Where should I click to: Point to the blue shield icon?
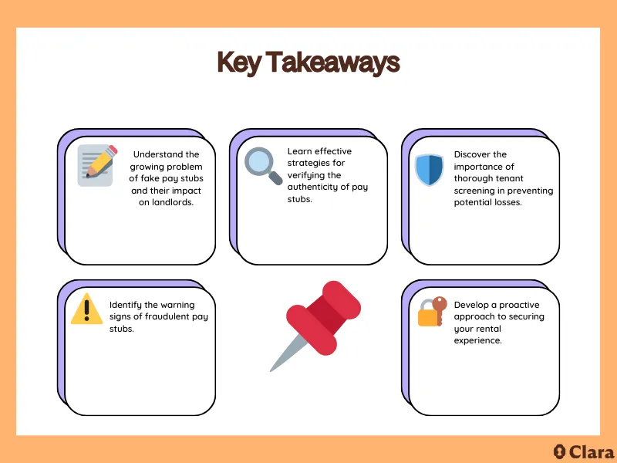[x=429, y=170]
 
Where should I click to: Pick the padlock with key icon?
[x=431, y=310]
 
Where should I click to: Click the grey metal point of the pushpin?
[x=283, y=356]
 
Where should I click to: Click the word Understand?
[x=166, y=154]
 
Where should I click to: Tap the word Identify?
[x=126, y=305]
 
